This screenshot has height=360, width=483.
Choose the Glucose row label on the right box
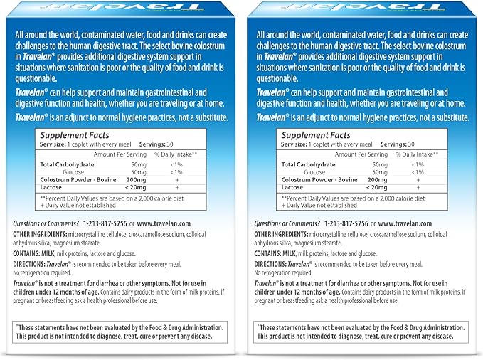tap(314, 171)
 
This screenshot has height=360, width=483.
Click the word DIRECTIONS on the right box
tap(275, 263)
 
